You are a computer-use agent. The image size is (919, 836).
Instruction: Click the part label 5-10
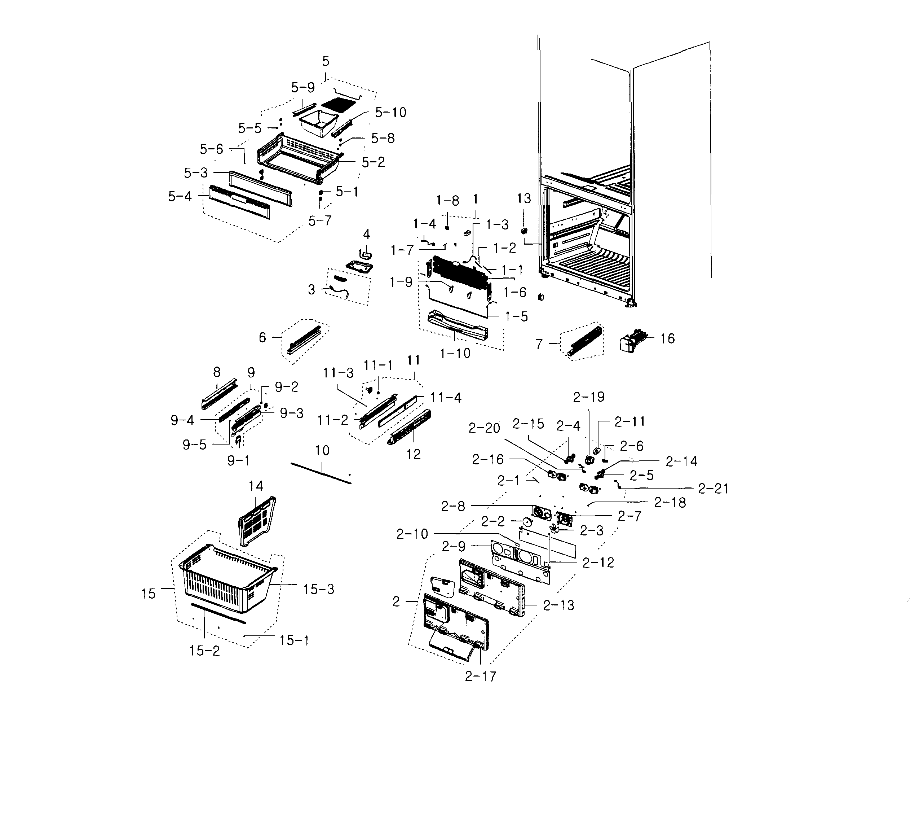coord(391,112)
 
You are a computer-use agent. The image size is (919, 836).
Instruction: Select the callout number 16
coord(667,338)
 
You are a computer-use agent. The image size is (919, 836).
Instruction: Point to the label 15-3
coord(319,589)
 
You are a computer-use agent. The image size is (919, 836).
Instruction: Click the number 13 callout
coord(524,198)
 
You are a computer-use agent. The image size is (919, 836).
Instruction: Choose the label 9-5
coord(194,445)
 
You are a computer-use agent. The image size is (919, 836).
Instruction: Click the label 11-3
coord(338,373)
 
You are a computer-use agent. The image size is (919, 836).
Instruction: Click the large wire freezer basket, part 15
coord(224,579)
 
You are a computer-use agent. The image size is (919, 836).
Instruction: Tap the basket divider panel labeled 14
coord(257,520)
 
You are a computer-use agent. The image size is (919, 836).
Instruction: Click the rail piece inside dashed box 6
coord(305,340)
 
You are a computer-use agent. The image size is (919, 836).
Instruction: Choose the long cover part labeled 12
coord(409,427)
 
